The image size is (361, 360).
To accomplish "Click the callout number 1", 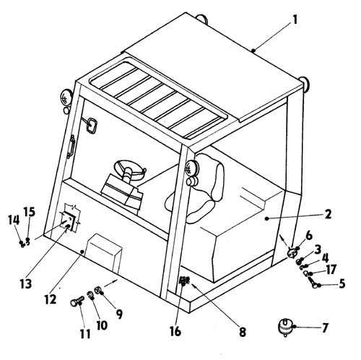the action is pyautogui.click(x=295, y=20).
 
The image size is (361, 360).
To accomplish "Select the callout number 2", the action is pyautogui.click(x=328, y=214).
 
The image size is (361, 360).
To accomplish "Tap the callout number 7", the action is pyautogui.click(x=325, y=327).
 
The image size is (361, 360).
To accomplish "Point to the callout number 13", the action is pyautogui.click(x=26, y=283).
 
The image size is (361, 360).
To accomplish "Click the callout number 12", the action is pyautogui.click(x=51, y=299).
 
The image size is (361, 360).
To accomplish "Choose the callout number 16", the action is pyautogui.click(x=175, y=331).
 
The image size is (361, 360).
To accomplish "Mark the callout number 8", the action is pyautogui.click(x=243, y=333).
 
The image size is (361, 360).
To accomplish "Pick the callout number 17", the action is pyautogui.click(x=331, y=270).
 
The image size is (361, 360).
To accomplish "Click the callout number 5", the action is pyautogui.click(x=342, y=283).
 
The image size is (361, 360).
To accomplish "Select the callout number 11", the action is pyautogui.click(x=85, y=334).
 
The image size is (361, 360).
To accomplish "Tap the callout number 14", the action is pyautogui.click(x=14, y=220).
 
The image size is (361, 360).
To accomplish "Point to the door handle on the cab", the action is pyautogui.click(x=71, y=147).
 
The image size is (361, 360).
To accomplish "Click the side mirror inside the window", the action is pyautogui.click(x=92, y=125).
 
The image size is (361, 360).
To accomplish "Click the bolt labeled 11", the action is pyautogui.click(x=77, y=301).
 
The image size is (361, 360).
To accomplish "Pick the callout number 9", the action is pyautogui.click(x=119, y=314).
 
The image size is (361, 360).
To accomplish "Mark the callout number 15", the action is pyautogui.click(x=30, y=212).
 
